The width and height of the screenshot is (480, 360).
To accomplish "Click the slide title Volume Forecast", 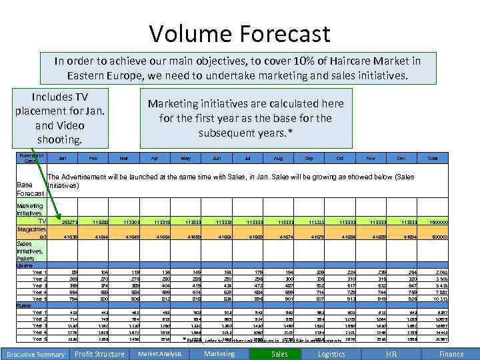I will point(239,33).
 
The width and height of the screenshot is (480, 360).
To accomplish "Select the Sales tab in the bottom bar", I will point(280,354).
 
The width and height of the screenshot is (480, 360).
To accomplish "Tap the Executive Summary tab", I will point(35,354).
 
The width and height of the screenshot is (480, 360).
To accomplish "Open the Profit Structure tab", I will point(99,354).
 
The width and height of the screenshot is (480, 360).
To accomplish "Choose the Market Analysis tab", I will point(159,354).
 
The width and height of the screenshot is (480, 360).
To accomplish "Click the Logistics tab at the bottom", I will point(331,354).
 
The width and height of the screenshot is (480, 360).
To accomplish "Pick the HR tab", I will point(392,354).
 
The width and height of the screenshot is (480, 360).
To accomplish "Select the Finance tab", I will point(451,354).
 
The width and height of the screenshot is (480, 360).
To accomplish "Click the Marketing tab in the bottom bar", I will point(219,354).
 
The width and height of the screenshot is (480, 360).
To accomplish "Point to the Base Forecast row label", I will point(29,189).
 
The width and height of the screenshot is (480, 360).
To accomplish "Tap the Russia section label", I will point(23,305).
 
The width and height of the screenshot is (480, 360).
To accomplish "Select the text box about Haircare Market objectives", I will point(237,68).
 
